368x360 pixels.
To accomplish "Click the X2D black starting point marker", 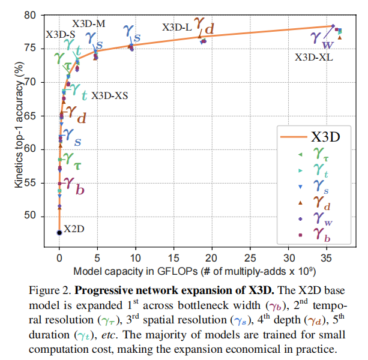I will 59,232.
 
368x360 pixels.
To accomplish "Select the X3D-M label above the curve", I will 89,23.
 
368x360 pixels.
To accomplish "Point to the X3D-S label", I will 61,35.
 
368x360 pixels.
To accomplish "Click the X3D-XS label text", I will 109,95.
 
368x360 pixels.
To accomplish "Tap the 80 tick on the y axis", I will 42,14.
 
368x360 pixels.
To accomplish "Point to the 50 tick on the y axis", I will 42,216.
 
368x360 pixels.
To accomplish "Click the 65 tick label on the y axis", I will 42,115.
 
